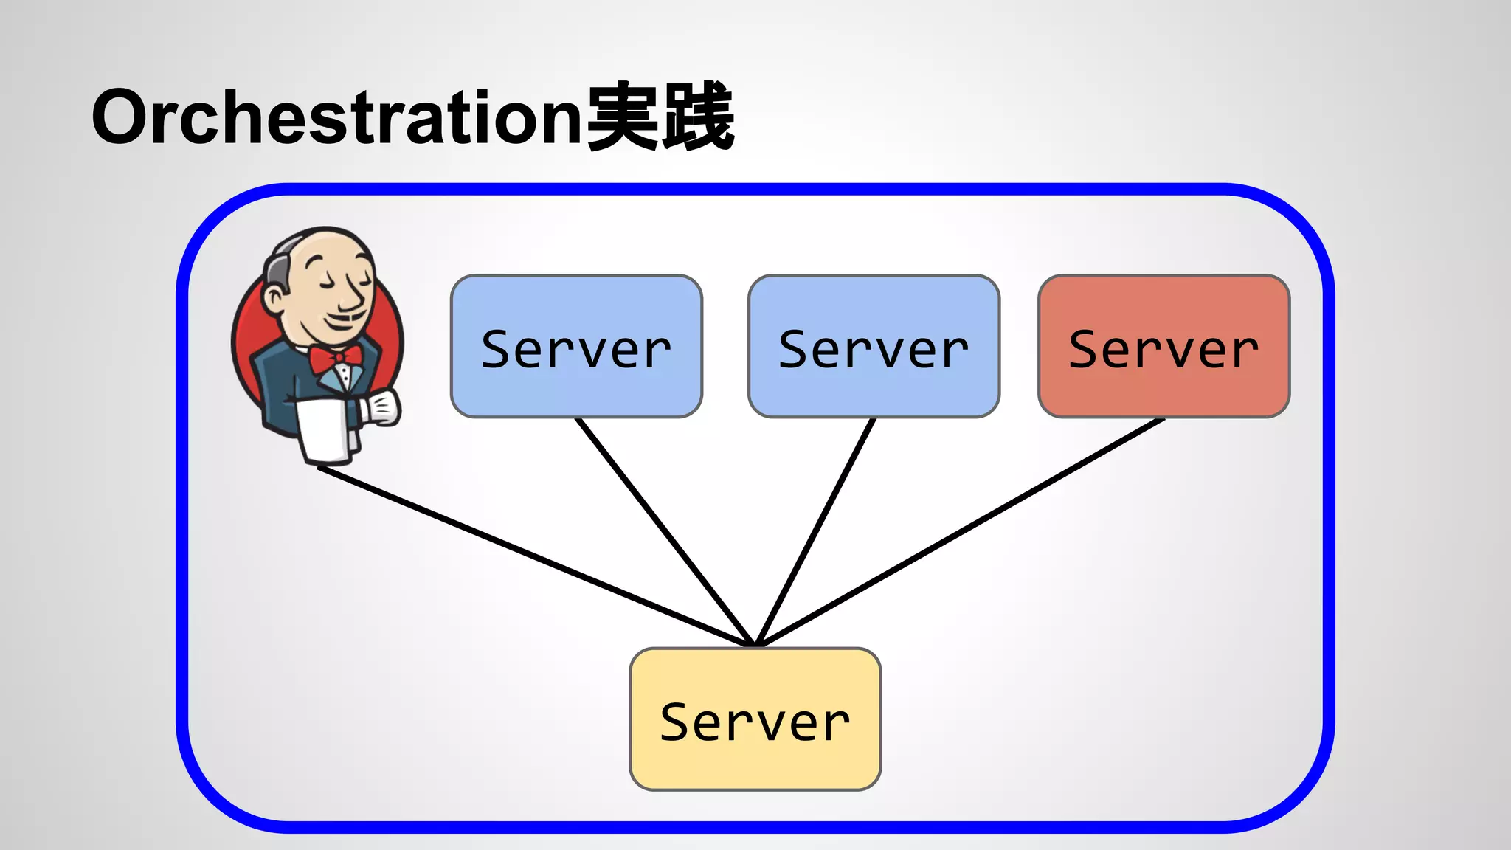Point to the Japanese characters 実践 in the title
click(660, 117)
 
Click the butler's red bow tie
click(335, 359)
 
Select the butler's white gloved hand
click(382, 408)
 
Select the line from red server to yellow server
click(959, 533)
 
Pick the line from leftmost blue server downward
click(664, 531)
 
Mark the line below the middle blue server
click(815, 531)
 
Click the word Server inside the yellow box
click(755, 722)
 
